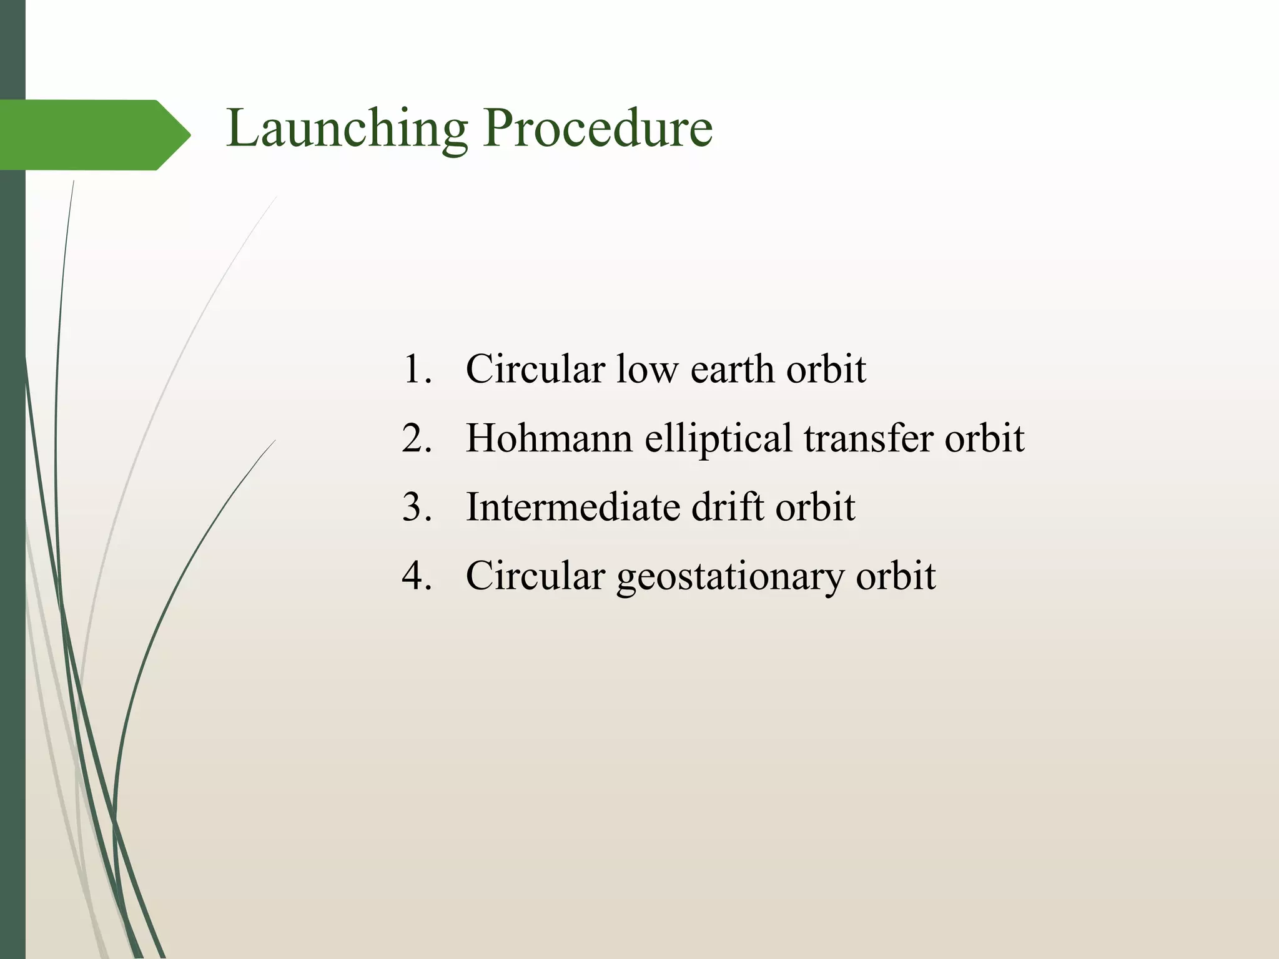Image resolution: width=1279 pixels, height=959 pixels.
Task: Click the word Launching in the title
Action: [x=347, y=129]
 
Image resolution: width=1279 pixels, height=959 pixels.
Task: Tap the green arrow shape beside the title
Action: [x=94, y=135]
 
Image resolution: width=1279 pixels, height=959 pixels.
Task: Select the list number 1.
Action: [x=417, y=369]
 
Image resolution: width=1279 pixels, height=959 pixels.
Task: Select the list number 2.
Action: [x=417, y=438]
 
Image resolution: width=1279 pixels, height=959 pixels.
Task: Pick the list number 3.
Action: [x=417, y=506]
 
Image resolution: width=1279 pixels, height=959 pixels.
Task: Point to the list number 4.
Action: [x=417, y=575]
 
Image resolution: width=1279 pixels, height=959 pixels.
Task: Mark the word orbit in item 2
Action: [x=984, y=438]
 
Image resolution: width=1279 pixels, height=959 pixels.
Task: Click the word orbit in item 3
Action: [x=815, y=506]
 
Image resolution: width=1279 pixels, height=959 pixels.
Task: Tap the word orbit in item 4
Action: [x=896, y=575]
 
